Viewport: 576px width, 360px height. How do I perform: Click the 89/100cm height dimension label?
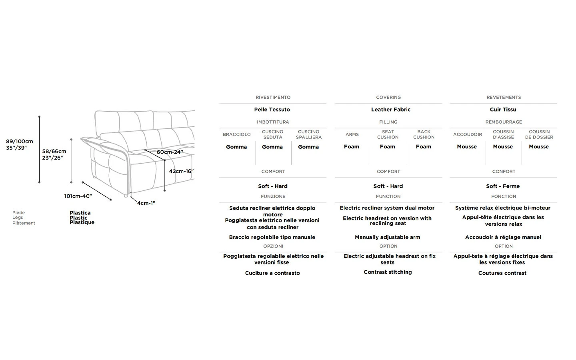(x=20, y=144)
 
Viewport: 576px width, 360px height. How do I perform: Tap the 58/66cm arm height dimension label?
(x=54, y=154)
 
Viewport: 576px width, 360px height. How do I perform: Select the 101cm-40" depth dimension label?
(x=78, y=196)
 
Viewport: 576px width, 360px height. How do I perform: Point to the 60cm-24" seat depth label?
(x=170, y=152)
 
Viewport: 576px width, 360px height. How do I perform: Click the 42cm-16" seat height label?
(x=181, y=171)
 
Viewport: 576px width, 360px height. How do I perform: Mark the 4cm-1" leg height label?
(x=146, y=203)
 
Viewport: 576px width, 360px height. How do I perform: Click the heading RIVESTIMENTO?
(x=273, y=98)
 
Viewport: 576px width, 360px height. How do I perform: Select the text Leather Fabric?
(x=390, y=110)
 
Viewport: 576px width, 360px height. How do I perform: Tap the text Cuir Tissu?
(x=503, y=110)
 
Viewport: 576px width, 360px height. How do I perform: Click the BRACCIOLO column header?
(x=236, y=134)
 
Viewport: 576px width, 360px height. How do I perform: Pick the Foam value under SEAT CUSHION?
(x=388, y=146)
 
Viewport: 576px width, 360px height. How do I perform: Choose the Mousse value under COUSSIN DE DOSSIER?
(x=539, y=146)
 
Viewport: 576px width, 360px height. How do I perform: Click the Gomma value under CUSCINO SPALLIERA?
(x=308, y=147)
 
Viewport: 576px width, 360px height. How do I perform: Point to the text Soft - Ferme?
(x=503, y=186)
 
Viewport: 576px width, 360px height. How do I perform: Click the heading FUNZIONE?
(x=273, y=196)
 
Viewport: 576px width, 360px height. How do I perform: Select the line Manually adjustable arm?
(x=388, y=237)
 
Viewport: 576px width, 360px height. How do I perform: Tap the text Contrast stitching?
(x=388, y=272)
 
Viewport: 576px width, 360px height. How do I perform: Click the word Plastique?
(x=82, y=222)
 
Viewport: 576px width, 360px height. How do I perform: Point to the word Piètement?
(x=24, y=223)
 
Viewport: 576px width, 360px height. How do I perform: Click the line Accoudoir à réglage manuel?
(x=503, y=237)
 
